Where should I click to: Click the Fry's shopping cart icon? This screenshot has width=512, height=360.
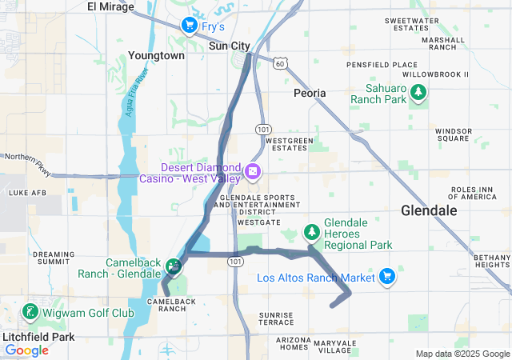(x=189, y=26)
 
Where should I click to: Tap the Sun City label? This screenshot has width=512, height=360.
(x=229, y=46)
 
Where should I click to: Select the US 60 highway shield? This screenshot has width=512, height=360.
(x=278, y=62)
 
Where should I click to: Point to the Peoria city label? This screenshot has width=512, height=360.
(x=310, y=93)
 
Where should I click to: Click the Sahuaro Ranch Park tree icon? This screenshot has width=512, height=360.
(x=418, y=94)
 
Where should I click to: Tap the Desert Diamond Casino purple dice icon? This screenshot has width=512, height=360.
(x=252, y=171)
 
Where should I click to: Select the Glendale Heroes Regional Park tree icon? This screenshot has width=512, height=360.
(x=311, y=231)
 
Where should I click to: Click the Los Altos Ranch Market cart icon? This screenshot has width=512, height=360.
(x=387, y=276)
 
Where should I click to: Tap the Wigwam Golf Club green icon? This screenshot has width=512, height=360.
(x=30, y=311)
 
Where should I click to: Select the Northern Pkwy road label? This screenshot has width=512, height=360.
(x=22, y=158)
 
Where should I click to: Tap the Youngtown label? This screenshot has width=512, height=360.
(x=156, y=56)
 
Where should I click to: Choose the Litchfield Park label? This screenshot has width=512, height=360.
(x=38, y=337)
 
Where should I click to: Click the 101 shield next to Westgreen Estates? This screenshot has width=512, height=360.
(x=262, y=129)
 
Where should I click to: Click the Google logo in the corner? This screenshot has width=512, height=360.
(x=26, y=350)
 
